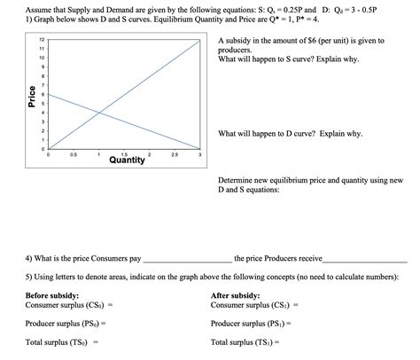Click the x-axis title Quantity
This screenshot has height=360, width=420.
tap(128, 161)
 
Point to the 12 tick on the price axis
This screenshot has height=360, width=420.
tap(41, 41)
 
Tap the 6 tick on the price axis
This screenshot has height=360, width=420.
tap(42, 95)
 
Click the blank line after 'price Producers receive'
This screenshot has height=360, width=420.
tap(363, 261)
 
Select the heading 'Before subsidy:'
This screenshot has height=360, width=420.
tap(52, 295)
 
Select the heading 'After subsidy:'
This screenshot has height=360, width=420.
tap(236, 295)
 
